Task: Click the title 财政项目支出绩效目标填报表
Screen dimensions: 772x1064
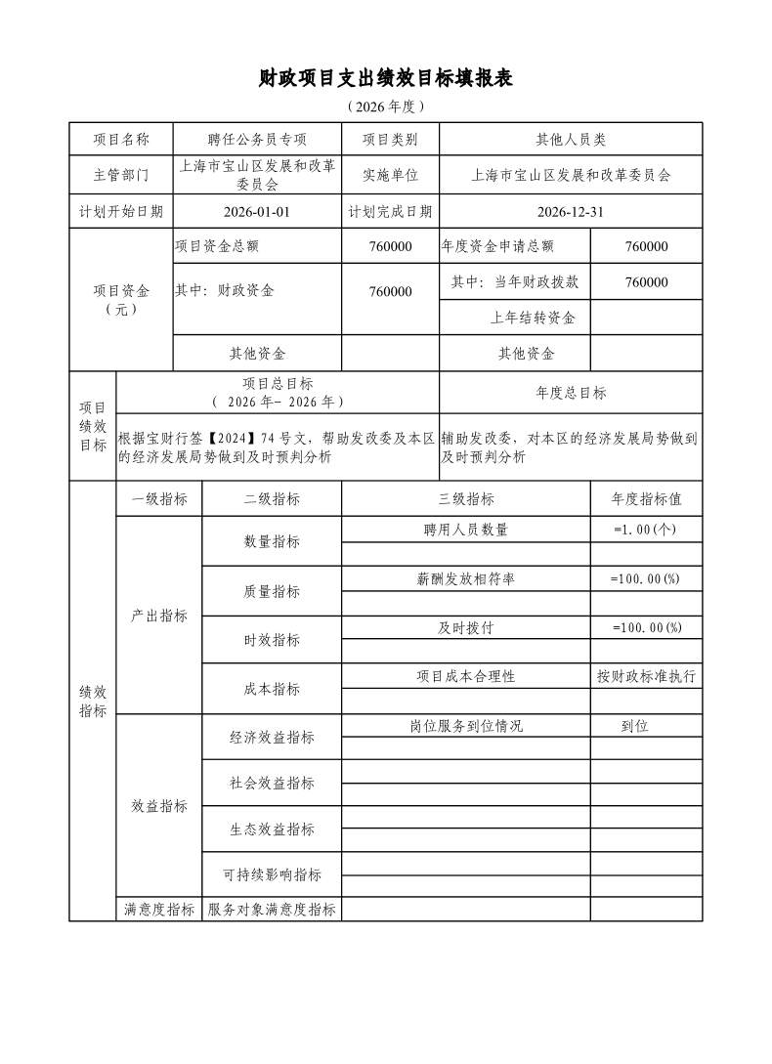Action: click(386, 78)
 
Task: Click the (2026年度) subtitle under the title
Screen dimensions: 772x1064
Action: click(386, 106)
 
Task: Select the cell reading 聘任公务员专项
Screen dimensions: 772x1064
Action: click(257, 140)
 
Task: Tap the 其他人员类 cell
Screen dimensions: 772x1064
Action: click(571, 140)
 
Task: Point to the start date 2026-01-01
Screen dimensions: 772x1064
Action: click(257, 211)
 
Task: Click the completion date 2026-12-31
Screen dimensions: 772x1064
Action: click(571, 211)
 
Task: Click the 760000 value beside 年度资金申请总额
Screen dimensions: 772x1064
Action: click(646, 246)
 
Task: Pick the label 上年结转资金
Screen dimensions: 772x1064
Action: click(533, 318)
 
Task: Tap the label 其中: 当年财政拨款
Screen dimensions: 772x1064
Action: click(515, 282)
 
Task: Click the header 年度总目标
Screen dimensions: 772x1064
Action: click(571, 393)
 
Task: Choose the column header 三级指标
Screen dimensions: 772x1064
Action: click(466, 498)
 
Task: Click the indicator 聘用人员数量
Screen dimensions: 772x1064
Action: click(466, 530)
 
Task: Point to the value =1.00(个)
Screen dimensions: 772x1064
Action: click(646, 530)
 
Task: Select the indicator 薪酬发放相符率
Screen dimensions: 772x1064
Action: click(466, 578)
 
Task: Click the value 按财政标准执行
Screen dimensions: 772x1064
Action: click(646, 676)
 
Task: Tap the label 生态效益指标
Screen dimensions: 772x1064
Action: click(272, 829)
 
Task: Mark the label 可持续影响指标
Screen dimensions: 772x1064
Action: click(272, 874)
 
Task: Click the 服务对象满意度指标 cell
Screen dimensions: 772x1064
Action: click(272, 910)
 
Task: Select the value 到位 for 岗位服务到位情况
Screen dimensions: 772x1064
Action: click(635, 726)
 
